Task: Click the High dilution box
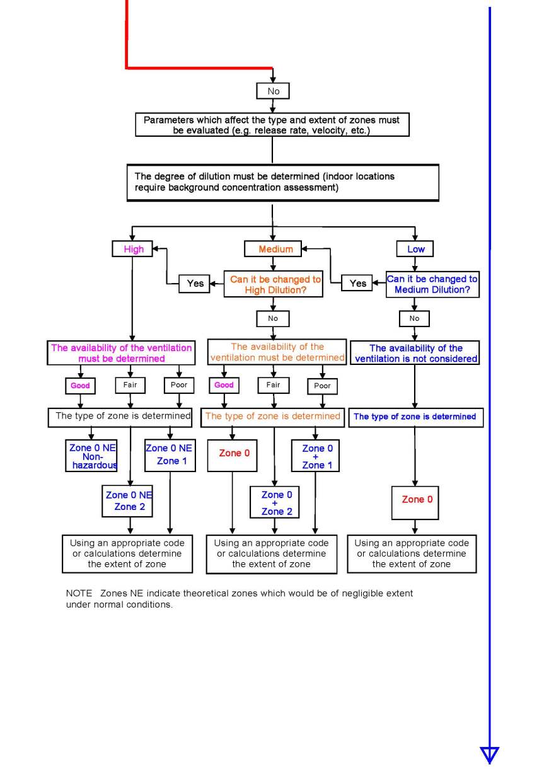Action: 133,249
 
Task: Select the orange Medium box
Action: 275,249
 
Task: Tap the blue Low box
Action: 415,249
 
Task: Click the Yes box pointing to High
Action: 195,284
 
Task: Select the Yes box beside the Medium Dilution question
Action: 358,284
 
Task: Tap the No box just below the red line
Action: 273,91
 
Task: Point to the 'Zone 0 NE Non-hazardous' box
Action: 92,456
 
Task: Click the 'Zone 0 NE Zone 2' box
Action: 129,501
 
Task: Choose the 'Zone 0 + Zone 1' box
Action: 313,456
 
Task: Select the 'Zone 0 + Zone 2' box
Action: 274,502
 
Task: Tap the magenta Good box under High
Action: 80,385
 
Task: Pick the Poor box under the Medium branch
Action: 322,386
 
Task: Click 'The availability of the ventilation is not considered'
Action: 415,353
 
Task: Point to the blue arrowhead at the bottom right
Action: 489,755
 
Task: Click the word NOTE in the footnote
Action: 78,594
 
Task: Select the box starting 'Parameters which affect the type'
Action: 272,125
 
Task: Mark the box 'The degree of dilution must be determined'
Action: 282,183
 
